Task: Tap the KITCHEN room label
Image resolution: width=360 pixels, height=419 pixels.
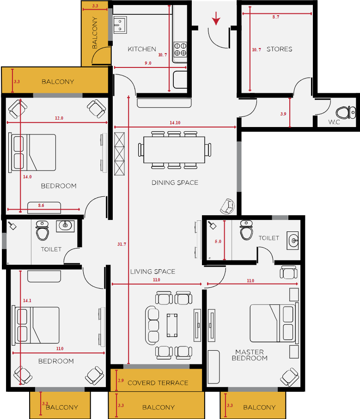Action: coord(142,49)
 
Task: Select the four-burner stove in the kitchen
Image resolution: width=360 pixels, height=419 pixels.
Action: coord(180,49)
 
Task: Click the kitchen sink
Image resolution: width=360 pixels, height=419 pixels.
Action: coord(120,24)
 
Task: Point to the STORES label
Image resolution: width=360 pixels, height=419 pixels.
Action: coord(279,49)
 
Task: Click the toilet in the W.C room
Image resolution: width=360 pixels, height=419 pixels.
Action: coord(346,113)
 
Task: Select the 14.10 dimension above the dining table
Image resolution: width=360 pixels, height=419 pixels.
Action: coord(175,123)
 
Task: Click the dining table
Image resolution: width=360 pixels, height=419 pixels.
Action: coord(174,150)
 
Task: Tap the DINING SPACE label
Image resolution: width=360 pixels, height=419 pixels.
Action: coord(175,183)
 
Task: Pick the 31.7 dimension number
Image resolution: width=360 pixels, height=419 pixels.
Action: coord(122,244)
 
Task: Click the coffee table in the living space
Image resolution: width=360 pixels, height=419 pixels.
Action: coord(172,325)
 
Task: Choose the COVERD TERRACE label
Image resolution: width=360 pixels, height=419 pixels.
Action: coord(158,383)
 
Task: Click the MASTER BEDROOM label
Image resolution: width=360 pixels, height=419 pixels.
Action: coord(250,355)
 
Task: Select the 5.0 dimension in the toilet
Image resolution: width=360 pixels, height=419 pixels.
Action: coord(218,242)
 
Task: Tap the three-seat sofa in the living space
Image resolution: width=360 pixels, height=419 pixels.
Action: coord(152,325)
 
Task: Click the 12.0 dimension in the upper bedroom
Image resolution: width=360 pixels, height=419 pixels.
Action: coord(59,118)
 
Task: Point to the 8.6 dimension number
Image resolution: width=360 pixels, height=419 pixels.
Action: coord(41,206)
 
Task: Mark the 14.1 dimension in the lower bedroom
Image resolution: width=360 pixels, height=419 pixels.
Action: coord(27,301)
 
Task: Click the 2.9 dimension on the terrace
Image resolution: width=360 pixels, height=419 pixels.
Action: coord(121,381)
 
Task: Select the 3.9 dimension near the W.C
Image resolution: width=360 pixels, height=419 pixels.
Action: coord(283,114)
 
